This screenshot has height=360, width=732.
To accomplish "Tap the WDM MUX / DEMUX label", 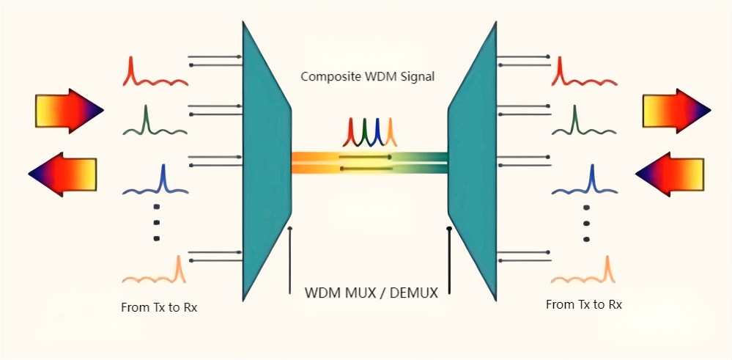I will [371, 293].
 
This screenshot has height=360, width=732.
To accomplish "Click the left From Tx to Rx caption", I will [159, 308].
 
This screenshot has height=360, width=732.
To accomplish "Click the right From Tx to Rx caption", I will [584, 304].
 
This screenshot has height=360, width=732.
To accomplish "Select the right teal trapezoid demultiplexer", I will [473, 161].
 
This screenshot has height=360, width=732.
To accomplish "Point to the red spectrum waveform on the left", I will [154, 73].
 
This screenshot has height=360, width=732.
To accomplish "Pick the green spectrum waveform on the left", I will [154, 123].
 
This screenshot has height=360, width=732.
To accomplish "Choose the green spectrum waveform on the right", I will [583, 123].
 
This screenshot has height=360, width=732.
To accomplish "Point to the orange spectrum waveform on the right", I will [583, 273].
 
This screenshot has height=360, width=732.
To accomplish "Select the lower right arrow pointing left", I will [670, 174].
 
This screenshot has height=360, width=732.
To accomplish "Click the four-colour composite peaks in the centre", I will [369, 131].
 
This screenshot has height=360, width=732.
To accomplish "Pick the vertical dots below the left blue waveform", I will [157, 222].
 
